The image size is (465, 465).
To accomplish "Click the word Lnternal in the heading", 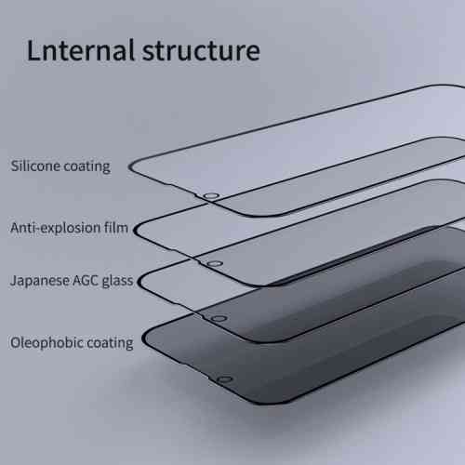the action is coord(81,50).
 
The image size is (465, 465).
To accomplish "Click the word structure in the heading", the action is coord(201,51).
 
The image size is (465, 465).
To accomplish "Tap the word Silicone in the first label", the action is coord(35,166).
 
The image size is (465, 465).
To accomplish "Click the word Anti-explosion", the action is coord(56,228).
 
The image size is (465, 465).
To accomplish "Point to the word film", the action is coord(116,228).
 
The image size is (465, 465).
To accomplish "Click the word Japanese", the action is coord(39,281).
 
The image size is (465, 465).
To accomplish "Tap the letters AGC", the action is coord(86,281).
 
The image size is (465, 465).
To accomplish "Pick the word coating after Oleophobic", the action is coord(106,343).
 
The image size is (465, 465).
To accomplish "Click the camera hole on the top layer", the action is coord(212,196).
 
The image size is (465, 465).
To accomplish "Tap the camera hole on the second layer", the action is coord(215,264).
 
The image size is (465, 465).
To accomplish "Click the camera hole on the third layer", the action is coord(219,319).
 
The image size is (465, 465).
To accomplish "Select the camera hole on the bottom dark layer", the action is coord(224,379).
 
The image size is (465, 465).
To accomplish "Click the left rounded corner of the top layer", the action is coord(131,166).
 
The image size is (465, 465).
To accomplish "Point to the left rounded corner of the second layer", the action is coord(136,230).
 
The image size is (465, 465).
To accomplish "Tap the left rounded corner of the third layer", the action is coord(140,282).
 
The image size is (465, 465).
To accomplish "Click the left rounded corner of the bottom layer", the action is coord(144,339).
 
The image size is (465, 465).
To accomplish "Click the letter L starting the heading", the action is coord(33,49).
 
